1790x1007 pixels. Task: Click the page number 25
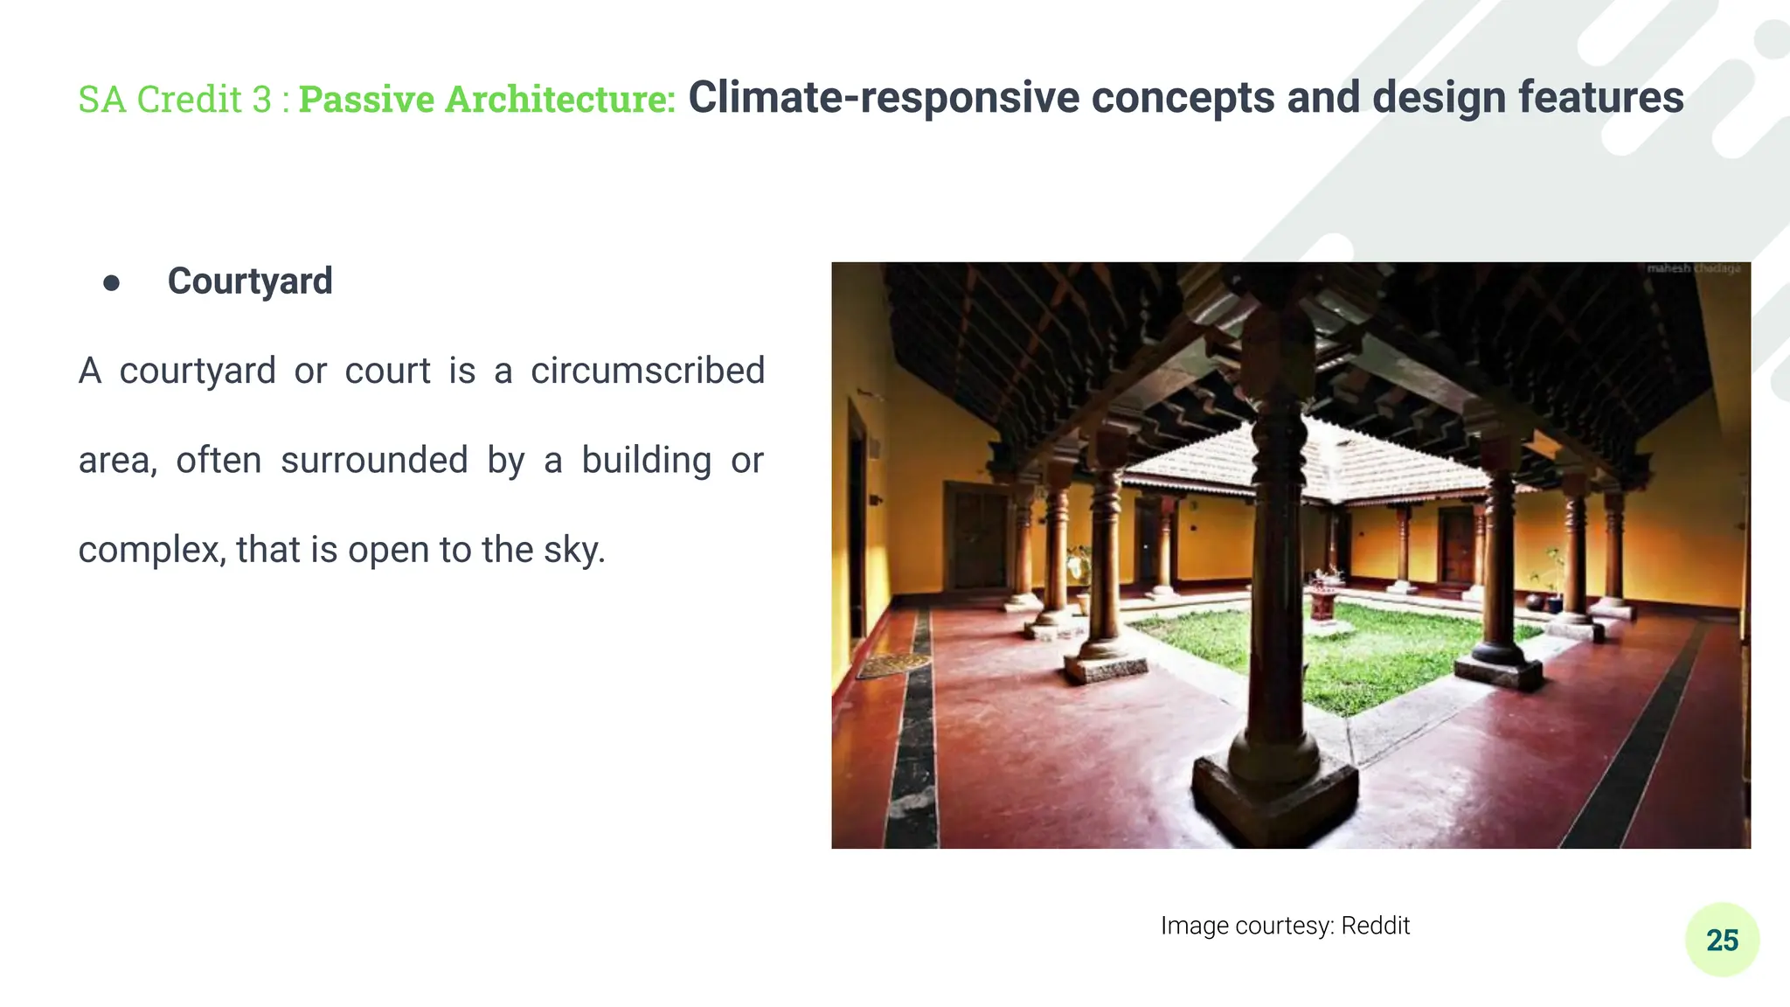click(1722, 941)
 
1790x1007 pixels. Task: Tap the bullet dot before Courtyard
click(111, 282)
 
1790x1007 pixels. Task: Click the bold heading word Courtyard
click(250, 281)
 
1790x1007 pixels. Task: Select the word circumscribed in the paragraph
click(648, 371)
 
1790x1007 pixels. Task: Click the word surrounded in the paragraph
click(374, 461)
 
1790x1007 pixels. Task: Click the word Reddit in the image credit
click(1375, 926)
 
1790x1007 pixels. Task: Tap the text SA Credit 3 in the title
click(175, 99)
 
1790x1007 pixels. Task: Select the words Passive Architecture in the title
click(487, 99)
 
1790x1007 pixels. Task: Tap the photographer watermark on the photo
click(1693, 268)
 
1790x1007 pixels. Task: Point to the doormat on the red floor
click(892, 665)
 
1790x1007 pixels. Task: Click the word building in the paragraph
click(647, 461)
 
